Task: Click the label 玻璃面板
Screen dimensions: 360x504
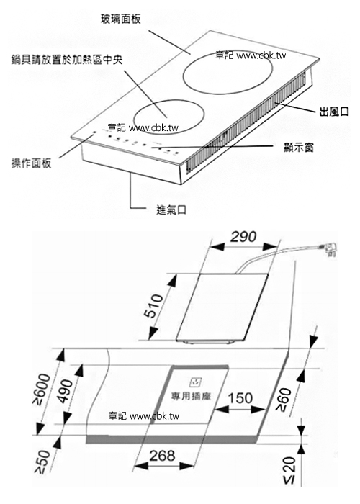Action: [x=120, y=19]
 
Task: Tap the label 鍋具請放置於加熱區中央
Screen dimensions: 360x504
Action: [x=67, y=60]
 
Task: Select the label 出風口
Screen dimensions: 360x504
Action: [x=334, y=112]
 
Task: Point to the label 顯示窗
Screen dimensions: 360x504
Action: [x=299, y=147]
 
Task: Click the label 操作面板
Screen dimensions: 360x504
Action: [x=31, y=163]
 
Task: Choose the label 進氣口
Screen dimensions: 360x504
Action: [x=171, y=210]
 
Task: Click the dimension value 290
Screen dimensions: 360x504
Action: [x=243, y=237]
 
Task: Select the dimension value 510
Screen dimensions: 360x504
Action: [x=154, y=306]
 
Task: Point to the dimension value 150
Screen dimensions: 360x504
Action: [x=240, y=398]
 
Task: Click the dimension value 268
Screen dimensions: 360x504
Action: [x=162, y=456]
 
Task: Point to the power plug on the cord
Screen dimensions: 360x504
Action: [x=328, y=249]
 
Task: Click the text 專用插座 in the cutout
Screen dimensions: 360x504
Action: [x=191, y=396]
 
